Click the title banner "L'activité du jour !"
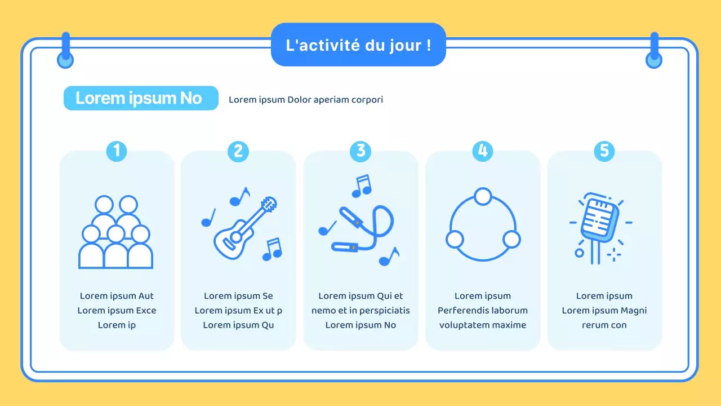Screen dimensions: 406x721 click(x=358, y=45)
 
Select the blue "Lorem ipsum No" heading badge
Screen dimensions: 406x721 click(x=140, y=98)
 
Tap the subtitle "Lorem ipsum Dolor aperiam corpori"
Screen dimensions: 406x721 click(x=306, y=100)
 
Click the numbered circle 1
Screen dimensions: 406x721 click(x=117, y=151)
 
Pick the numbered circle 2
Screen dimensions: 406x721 click(x=238, y=151)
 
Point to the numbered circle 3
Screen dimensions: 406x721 click(x=360, y=151)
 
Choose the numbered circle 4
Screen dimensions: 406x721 click(x=482, y=151)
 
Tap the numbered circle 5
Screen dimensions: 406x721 click(x=604, y=151)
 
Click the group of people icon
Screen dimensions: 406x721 click(x=116, y=232)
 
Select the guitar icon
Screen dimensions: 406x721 click(x=244, y=226)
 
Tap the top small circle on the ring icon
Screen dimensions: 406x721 click(x=483, y=196)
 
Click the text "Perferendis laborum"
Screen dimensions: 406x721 click(x=483, y=310)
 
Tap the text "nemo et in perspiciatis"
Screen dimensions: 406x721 click(x=360, y=310)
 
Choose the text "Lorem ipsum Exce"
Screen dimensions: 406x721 click(x=117, y=310)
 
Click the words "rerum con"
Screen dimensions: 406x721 click(x=604, y=325)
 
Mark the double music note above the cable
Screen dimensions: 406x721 click(x=361, y=186)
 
